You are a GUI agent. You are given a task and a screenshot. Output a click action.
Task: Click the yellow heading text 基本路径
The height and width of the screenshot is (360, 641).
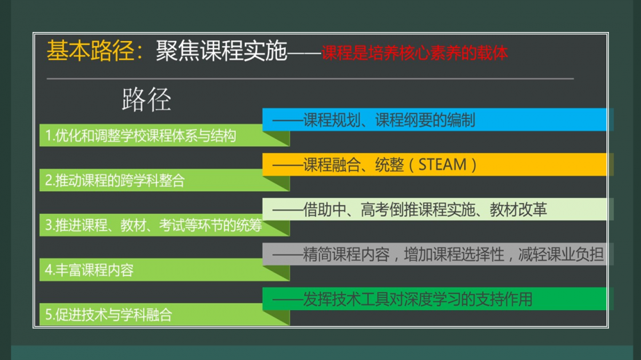[x=90, y=51]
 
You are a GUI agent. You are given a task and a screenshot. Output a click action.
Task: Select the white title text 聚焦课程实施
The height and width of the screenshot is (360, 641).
[x=221, y=51]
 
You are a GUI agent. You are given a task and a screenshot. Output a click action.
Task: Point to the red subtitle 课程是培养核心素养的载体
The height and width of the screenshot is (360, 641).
[x=415, y=53]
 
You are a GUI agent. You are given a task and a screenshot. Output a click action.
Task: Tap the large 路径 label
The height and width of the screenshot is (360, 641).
[x=146, y=99]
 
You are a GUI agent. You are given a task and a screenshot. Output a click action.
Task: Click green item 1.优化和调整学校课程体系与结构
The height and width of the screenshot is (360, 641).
[x=140, y=135]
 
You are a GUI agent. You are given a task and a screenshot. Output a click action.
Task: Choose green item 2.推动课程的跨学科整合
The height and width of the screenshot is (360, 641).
[x=115, y=180]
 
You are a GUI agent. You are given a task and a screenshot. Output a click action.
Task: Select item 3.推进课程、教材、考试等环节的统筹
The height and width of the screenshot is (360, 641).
[x=153, y=225]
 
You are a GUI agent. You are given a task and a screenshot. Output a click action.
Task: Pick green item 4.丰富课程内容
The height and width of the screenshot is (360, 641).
[x=89, y=270]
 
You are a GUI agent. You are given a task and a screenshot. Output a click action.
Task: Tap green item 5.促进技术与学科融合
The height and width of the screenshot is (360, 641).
[x=108, y=315]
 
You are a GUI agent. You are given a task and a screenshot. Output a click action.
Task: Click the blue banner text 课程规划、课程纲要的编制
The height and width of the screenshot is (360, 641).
[x=389, y=120]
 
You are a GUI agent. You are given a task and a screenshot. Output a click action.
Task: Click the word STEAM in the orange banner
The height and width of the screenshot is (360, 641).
[x=442, y=165]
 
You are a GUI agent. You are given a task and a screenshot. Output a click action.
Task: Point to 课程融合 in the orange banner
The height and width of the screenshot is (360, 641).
[x=331, y=165]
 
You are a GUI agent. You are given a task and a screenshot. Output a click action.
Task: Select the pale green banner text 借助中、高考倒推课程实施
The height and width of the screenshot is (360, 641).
[x=389, y=209]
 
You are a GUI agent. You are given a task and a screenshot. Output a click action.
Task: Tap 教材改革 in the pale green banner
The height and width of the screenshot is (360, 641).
[x=519, y=209]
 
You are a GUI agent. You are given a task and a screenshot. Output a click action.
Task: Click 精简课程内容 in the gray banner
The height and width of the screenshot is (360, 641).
[x=346, y=254]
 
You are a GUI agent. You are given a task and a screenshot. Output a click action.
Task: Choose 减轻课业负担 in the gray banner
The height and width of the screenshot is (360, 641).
[x=561, y=254]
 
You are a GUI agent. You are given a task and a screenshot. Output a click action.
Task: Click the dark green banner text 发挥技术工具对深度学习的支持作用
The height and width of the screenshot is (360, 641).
[x=418, y=299]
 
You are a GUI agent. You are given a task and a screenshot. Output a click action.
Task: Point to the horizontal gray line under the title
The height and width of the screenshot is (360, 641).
[x=310, y=78]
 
